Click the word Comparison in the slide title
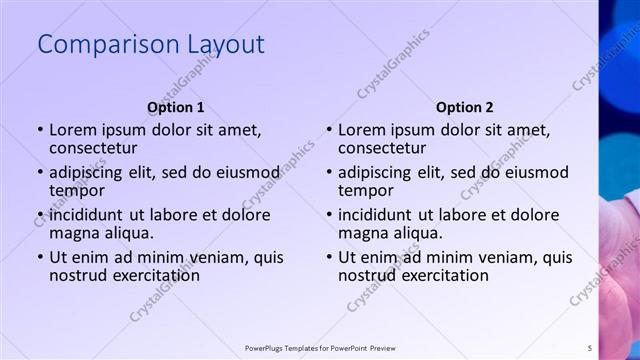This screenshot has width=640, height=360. tap(97, 45)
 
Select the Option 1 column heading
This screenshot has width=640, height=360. tap(176, 107)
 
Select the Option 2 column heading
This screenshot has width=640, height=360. tap(465, 107)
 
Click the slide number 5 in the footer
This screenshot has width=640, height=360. tap(589, 348)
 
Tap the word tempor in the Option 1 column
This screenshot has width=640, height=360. tap(77, 190)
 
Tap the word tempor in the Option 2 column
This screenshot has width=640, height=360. tap(366, 190)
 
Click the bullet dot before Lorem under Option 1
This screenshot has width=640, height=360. tap(40, 130)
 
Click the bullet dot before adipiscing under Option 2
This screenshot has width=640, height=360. tap(329, 172)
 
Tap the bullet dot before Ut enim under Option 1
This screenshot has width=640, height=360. tap(40, 257)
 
